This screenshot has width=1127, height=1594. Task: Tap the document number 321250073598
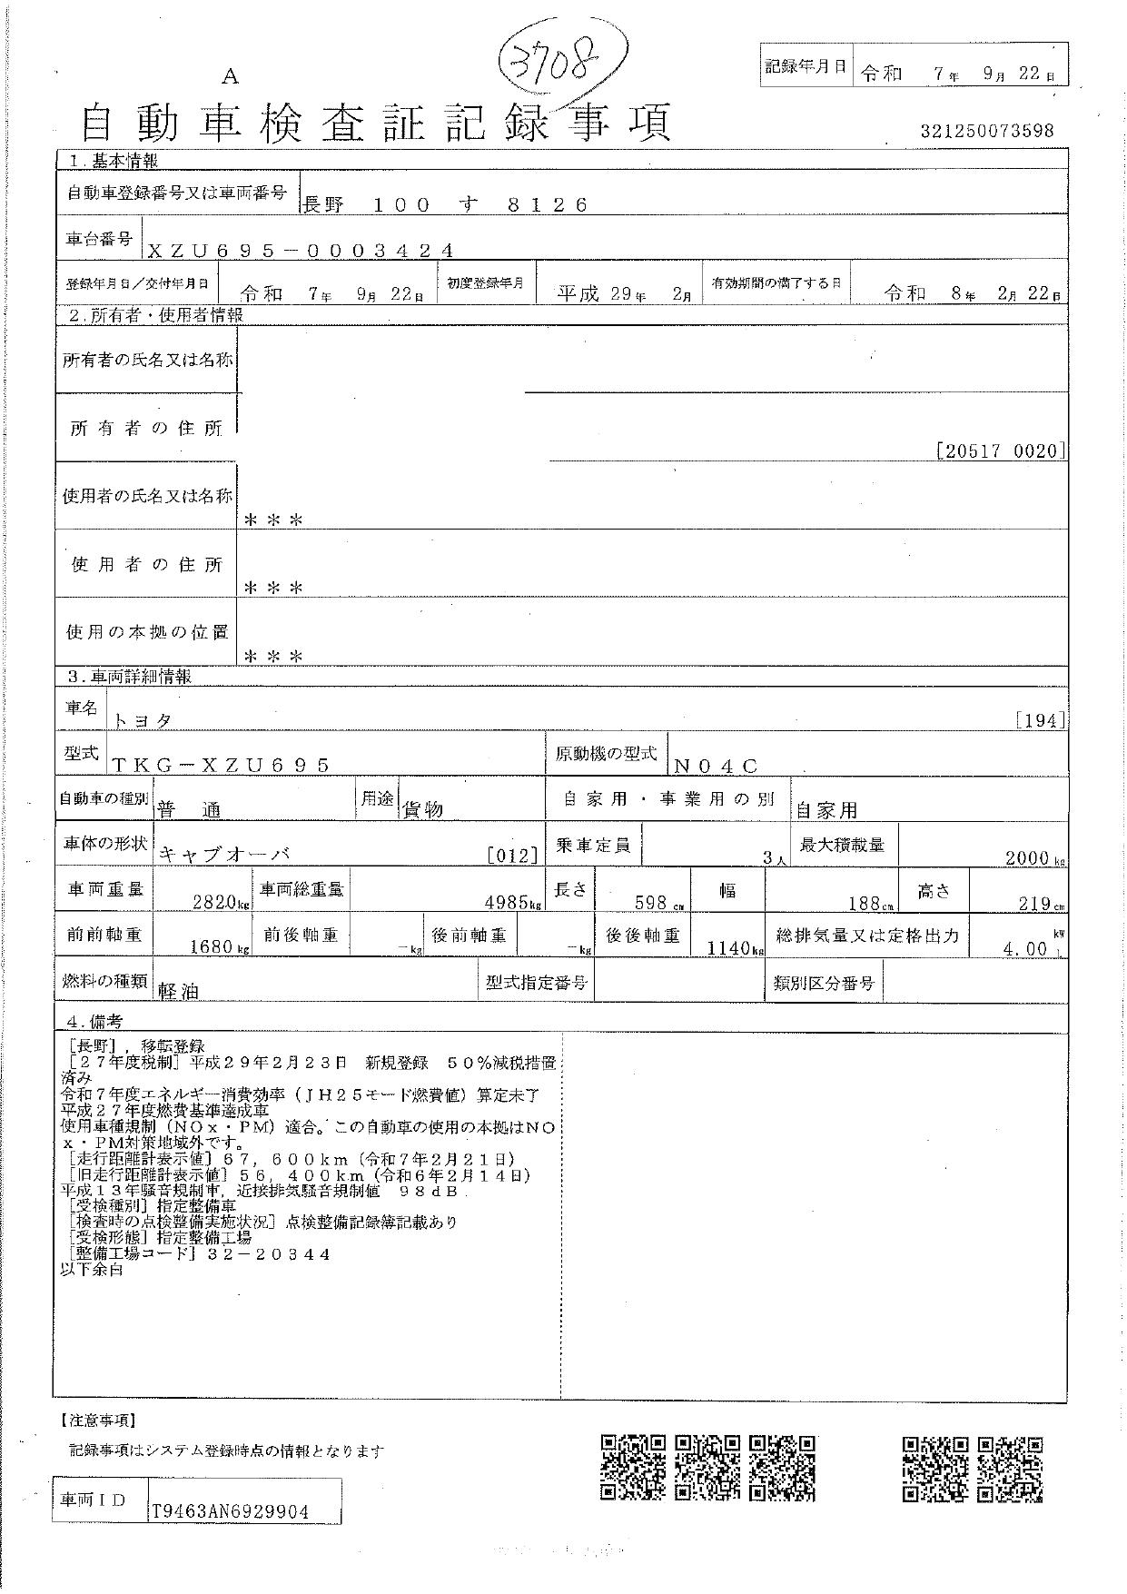986,131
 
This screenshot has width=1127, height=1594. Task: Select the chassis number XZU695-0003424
299,251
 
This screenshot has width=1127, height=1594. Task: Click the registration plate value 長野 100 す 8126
444,205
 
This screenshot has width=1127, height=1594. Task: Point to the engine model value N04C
717,766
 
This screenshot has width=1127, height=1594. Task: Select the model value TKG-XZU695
221,766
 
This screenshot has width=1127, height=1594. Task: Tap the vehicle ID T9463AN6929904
230,1511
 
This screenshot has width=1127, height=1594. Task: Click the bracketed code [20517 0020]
1000,450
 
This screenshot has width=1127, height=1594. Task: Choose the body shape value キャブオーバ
225,855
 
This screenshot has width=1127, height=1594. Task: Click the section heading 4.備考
89,1021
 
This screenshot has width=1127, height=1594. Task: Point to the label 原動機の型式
605,754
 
